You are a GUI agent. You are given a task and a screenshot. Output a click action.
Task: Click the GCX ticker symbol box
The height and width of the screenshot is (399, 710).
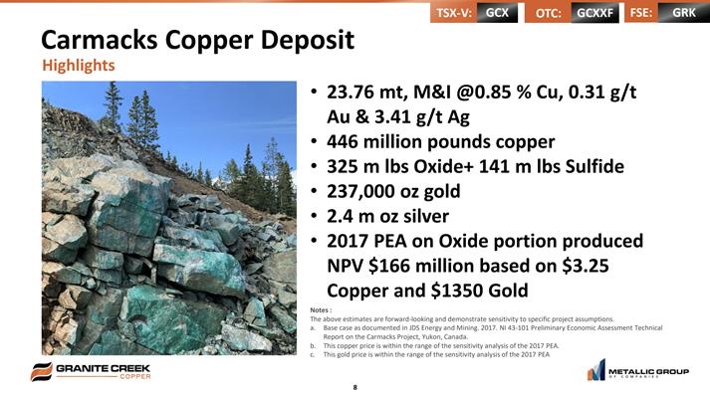[x=498, y=13]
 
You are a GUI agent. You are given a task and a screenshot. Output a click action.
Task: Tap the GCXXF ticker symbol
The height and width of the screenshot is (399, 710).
[x=594, y=13]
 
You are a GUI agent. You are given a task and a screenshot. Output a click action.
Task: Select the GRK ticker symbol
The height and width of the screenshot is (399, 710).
[x=684, y=13]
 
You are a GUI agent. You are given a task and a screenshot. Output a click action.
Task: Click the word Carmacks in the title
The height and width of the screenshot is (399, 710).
[x=100, y=40]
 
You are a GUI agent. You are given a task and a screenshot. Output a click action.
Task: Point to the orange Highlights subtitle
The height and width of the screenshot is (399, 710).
[x=79, y=66]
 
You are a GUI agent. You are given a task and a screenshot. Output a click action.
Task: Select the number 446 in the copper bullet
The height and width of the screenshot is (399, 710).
[x=342, y=142]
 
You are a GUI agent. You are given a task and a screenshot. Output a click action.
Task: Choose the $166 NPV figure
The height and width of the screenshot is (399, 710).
[x=389, y=266]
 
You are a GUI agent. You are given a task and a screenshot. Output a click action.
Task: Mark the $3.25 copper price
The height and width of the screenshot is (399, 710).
[x=585, y=266]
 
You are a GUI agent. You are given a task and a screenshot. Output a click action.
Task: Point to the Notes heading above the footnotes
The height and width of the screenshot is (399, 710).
[x=321, y=310]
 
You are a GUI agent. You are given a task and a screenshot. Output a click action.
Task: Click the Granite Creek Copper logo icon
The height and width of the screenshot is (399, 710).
[x=42, y=371]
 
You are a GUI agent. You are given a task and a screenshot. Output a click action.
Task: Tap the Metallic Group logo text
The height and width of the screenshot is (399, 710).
[x=648, y=372]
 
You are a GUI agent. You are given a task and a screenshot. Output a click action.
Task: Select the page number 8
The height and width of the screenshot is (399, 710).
[x=355, y=387]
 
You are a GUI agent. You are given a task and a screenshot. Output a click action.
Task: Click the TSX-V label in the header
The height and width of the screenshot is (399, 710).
[x=454, y=13]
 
